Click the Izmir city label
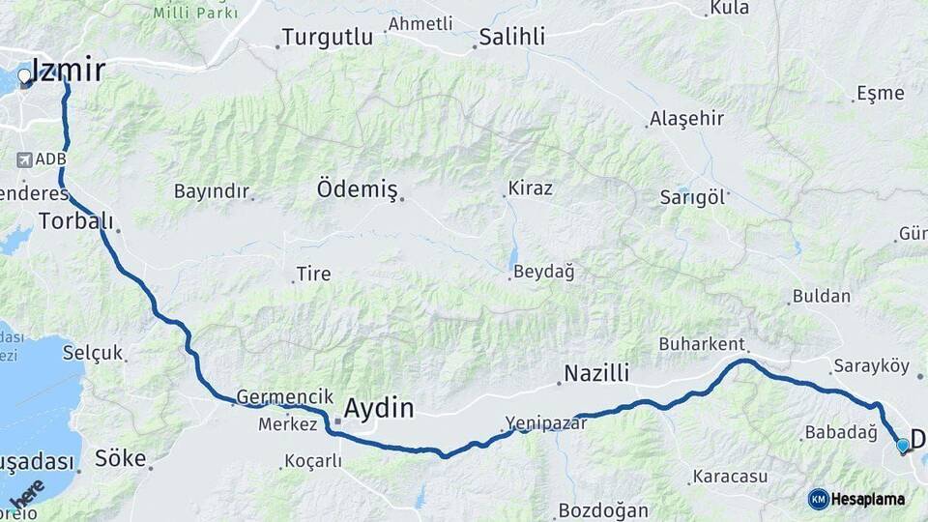[x=69, y=70]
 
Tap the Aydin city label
[x=378, y=407]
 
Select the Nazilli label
[x=596, y=373]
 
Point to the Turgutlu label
[x=327, y=39]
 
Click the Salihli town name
[x=512, y=38]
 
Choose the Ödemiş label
[x=357, y=189]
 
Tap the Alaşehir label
[x=686, y=118]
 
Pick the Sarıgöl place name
[x=691, y=196]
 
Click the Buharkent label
[x=701, y=344]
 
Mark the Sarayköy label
[x=870, y=367]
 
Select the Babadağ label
[x=840, y=432]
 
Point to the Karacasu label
[x=729, y=477]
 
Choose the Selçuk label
[x=93, y=353]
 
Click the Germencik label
[x=277, y=397]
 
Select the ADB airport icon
[x=25, y=159]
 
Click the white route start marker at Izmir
[x=24, y=75]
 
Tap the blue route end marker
[x=903, y=446]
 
